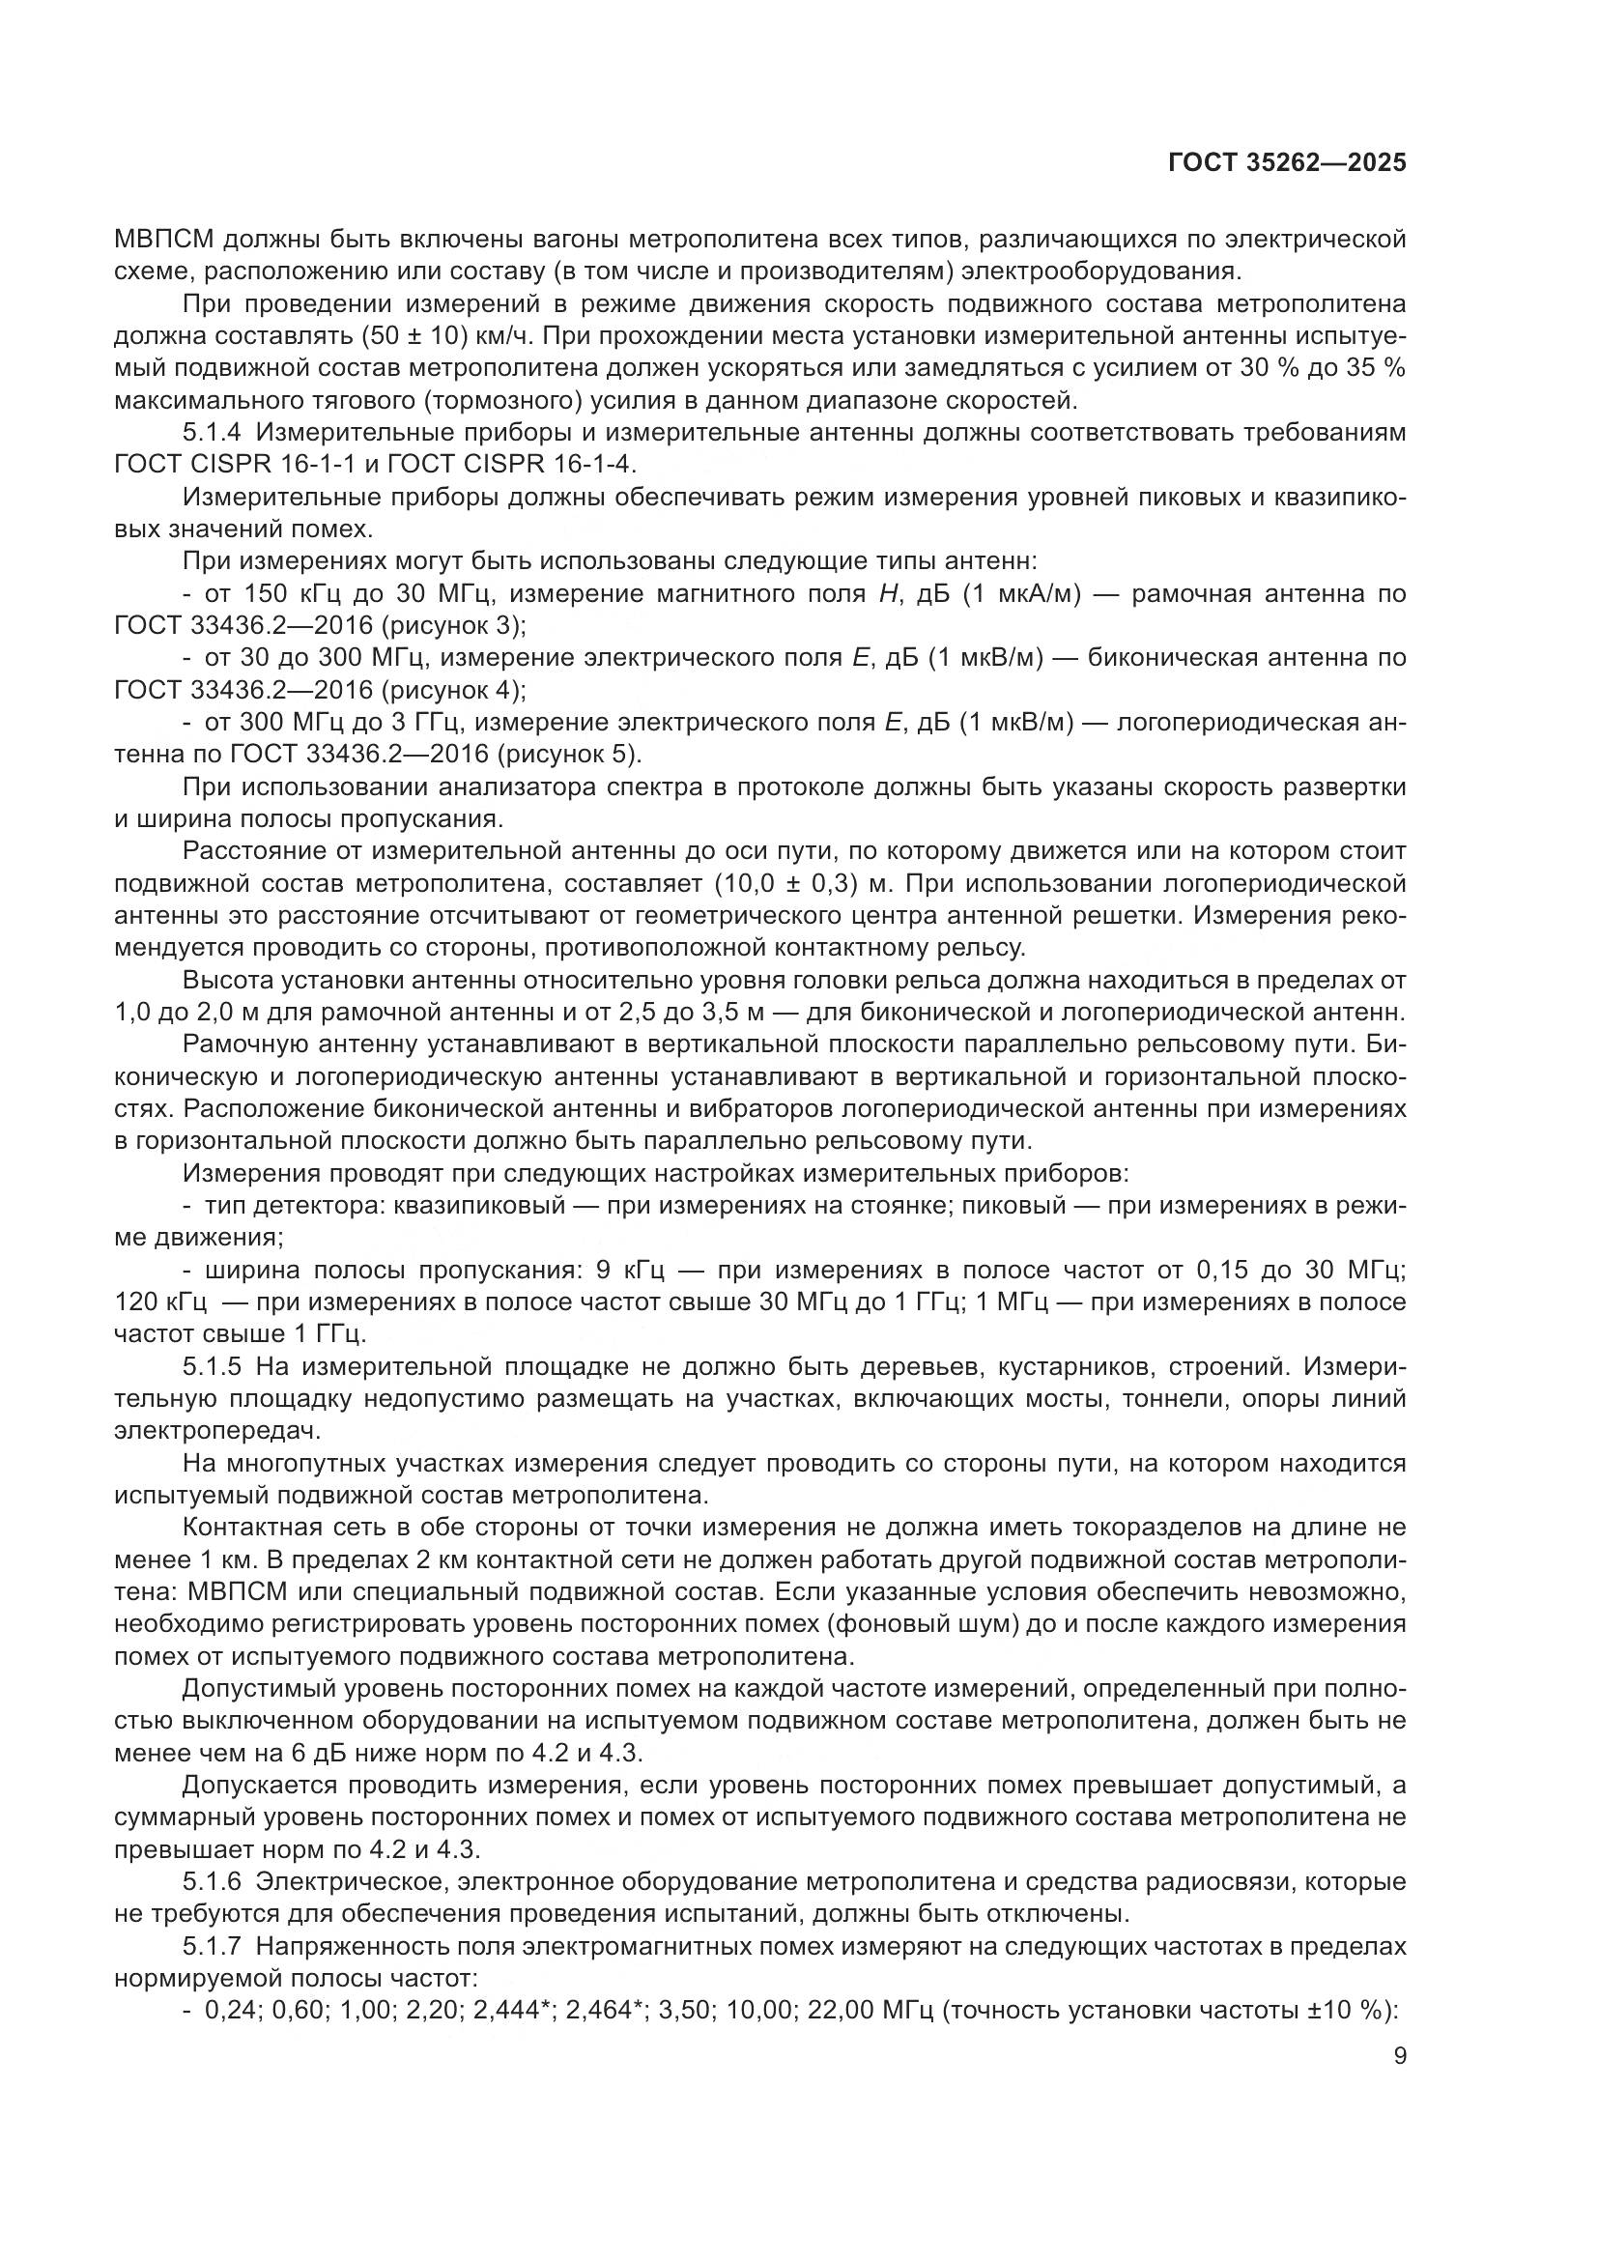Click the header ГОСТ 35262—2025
click(1287, 163)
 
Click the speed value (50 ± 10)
click(414, 336)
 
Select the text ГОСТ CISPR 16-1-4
click(537, 465)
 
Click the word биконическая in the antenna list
click(1171, 658)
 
